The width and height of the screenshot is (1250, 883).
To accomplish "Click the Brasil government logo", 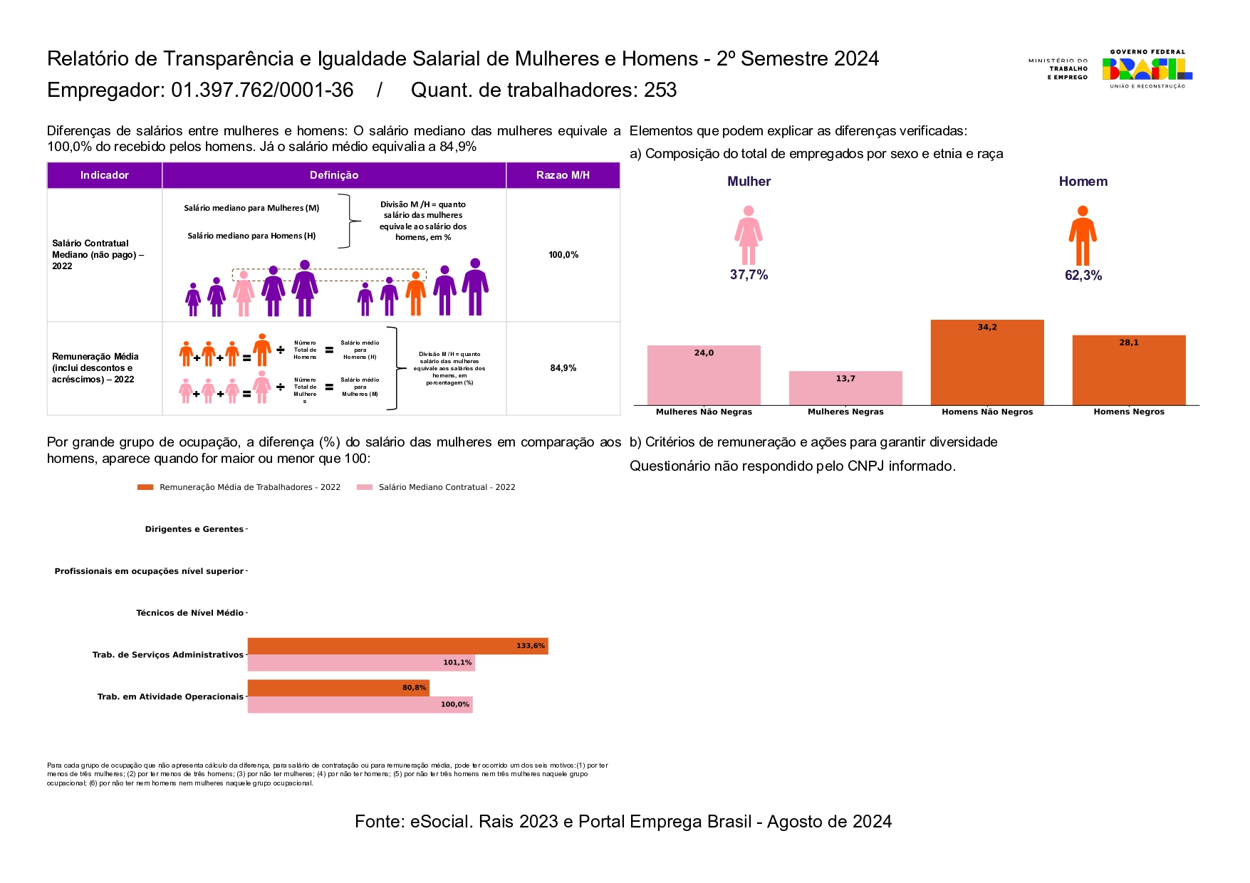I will [x=1147, y=69].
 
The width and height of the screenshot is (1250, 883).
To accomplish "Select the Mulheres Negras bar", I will [x=845, y=388].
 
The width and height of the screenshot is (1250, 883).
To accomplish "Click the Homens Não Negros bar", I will [x=987, y=362].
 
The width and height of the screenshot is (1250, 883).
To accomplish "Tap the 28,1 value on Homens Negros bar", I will [x=1129, y=343].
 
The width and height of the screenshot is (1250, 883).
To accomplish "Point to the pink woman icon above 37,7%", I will [x=748, y=235].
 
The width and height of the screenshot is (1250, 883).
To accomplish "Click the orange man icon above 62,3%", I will [x=1083, y=235].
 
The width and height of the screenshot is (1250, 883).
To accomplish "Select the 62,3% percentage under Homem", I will [x=1083, y=276].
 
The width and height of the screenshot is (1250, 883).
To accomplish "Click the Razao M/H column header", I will [x=563, y=175].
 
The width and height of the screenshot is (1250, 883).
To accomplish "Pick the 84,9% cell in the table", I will [x=563, y=368].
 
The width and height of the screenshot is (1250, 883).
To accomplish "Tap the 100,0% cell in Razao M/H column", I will [x=563, y=255].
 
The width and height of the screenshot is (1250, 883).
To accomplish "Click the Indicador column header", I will [x=105, y=175].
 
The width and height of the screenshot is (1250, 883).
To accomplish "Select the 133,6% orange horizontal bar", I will [x=397, y=646].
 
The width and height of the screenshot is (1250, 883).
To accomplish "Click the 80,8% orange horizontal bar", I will [x=338, y=688].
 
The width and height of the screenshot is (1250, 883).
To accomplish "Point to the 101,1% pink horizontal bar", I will [x=361, y=663].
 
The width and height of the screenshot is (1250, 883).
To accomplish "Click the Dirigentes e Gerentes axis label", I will [x=194, y=529].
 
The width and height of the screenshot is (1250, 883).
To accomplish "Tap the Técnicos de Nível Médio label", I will [x=189, y=613].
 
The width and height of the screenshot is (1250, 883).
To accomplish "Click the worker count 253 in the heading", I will [x=660, y=90].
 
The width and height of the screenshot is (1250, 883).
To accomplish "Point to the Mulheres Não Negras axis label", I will [x=704, y=412].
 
